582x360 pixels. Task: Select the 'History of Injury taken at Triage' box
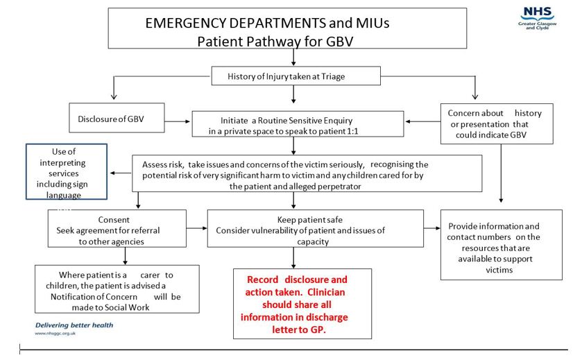coord(296,76)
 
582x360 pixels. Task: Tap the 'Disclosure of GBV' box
coord(117,118)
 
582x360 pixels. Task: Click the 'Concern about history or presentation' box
coord(496,123)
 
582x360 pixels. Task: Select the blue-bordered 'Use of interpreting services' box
coord(67,173)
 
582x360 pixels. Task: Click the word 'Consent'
coord(113,220)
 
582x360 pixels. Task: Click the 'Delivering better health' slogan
coord(74,325)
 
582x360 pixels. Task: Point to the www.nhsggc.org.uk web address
coord(55,334)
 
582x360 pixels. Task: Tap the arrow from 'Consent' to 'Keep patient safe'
coord(187,227)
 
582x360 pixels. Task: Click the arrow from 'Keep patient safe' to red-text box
coord(294,257)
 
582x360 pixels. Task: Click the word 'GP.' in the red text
coord(315,330)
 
